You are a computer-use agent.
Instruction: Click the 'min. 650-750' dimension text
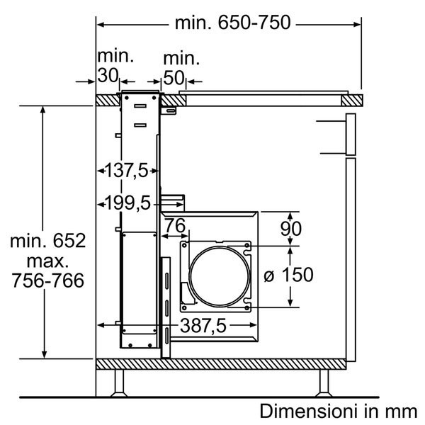[233, 23]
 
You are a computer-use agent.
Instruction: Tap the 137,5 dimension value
[126, 171]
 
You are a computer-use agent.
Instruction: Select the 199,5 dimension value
[127, 203]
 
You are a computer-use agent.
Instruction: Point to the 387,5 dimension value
[203, 326]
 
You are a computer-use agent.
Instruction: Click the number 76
[175, 225]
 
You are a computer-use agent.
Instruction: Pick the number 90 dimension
[290, 229]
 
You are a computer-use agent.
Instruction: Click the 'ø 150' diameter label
[289, 275]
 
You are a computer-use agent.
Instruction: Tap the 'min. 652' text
[48, 240]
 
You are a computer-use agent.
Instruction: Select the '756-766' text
[48, 280]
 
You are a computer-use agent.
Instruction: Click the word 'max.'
[48, 261]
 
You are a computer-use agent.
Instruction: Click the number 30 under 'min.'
[108, 75]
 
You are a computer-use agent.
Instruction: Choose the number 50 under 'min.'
[174, 78]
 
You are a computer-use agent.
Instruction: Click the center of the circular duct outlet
[220, 276]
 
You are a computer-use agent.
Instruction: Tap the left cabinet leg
[119, 383]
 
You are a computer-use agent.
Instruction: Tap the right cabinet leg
[324, 383]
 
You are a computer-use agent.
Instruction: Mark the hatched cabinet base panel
[221, 364]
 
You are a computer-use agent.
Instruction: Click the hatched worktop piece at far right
[352, 101]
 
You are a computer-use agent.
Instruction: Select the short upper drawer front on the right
[351, 135]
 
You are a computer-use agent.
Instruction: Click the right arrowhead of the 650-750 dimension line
[357, 25]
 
